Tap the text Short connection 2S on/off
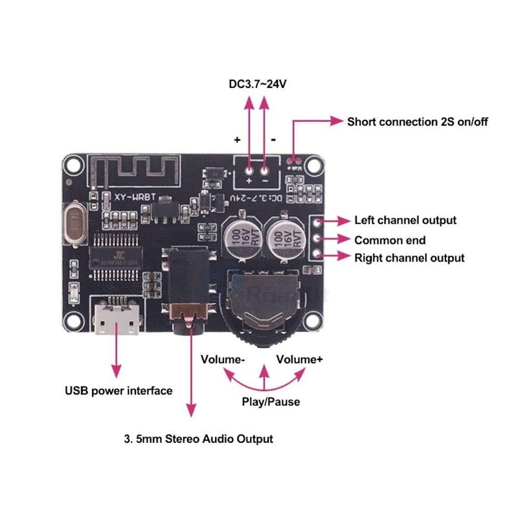tap(417, 122)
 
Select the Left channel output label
tap(405, 220)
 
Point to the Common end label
tap(389, 240)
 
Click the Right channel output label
tap(409, 258)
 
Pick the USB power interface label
tap(118, 390)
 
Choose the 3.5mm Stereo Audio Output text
tap(198, 438)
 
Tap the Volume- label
tap(222, 359)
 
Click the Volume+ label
tap(300, 359)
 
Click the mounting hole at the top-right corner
tap(315, 165)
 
